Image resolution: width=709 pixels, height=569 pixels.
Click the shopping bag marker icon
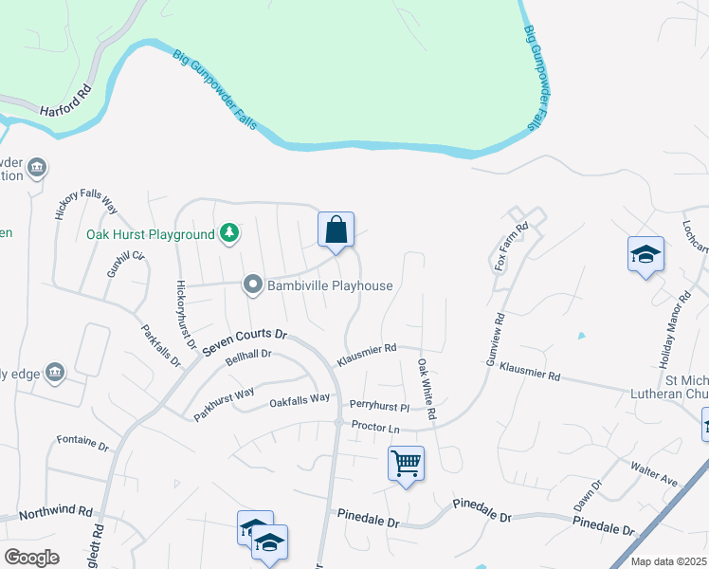coord(336,229)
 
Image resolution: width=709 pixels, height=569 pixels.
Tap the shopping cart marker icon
coord(406,464)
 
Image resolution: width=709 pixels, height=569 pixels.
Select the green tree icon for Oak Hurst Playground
coord(229,233)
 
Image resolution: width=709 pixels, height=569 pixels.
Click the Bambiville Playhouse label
coord(331,284)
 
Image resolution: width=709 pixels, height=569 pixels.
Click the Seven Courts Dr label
coord(243,341)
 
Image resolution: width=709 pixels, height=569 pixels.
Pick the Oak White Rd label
coord(427,389)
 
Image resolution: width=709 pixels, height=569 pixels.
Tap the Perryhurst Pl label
coord(378,406)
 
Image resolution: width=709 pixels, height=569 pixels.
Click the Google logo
coord(31,557)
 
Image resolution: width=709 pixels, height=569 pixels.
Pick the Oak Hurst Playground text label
coord(151,234)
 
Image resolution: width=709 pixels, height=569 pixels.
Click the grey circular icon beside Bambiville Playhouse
coord(253,284)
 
